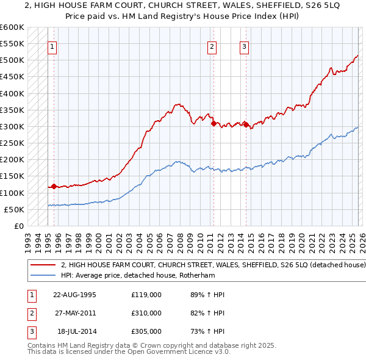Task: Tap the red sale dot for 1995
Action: tap(54, 187)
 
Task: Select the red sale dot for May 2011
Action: tap(213, 123)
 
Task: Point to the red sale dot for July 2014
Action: tap(246, 125)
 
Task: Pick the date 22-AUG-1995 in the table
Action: tap(75, 295)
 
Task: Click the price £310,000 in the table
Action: tap(146, 313)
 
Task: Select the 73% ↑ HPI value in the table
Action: tap(207, 331)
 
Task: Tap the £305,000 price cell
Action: tap(146, 331)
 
